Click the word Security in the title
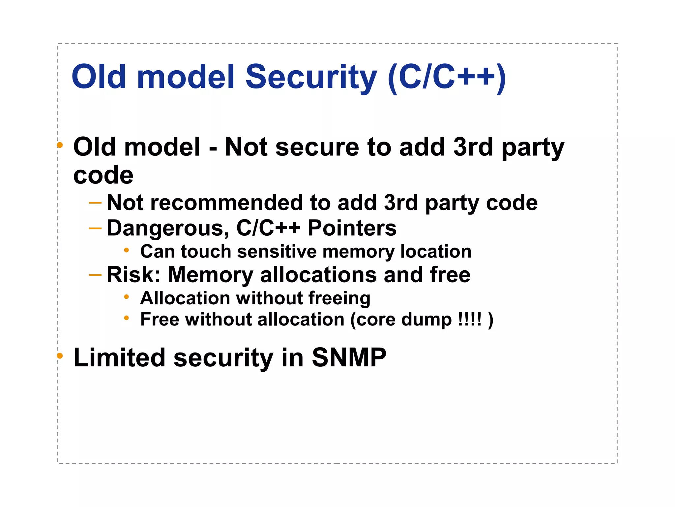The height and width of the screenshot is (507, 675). point(311,77)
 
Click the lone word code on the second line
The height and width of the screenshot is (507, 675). point(103,175)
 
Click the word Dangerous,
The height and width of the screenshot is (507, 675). point(168,228)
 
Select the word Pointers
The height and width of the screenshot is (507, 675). point(352,228)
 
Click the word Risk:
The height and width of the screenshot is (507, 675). point(133,275)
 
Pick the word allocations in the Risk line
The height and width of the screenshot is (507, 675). point(318,275)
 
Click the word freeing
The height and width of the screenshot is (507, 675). point(339,298)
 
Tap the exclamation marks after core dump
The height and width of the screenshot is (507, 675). point(470,320)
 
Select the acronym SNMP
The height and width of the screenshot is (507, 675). point(349,357)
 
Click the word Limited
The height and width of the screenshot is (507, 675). point(119,357)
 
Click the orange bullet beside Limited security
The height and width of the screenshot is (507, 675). point(60,356)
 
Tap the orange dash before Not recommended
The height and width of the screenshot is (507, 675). point(95,202)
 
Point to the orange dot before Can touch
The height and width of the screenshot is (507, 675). point(126,250)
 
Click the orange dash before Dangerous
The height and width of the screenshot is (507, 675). point(95,228)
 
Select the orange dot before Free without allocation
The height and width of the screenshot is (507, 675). point(126,318)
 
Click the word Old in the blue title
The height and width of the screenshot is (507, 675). point(99,77)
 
